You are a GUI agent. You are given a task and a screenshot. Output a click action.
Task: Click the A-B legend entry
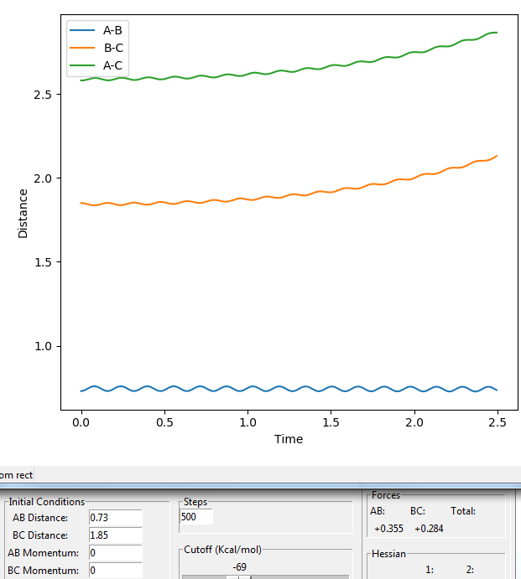[x=96, y=30]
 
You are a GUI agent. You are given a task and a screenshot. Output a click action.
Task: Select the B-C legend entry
[x=96, y=48]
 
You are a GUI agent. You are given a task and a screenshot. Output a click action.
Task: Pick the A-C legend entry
[x=96, y=65]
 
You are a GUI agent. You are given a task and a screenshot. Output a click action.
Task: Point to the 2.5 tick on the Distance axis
[x=43, y=95]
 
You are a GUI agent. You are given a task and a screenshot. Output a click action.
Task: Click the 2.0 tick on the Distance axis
[x=43, y=178]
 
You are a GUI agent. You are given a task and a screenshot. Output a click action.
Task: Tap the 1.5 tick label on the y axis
[x=43, y=262]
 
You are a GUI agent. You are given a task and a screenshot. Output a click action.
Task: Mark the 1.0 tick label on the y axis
[x=43, y=346]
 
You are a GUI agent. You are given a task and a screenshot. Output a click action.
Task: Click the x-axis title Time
[x=289, y=439]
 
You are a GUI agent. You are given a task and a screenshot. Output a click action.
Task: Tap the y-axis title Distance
[x=23, y=214]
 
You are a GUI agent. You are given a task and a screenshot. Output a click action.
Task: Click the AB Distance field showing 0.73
[x=116, y=518]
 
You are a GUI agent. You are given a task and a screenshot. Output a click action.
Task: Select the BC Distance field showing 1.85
[x=116, y=535]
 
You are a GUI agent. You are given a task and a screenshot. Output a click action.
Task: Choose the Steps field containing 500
[x=196, y=517]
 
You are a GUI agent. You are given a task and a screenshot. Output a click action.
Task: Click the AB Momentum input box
[x=116, y=553]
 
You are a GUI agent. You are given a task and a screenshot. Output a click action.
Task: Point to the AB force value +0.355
[x=388, y=529]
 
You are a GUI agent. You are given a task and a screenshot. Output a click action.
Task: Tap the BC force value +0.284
[x=429, y=529]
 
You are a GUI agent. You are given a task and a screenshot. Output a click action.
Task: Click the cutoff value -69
[x=240, y=566]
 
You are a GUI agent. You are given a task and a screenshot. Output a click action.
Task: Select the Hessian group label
[x=388, y=554]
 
